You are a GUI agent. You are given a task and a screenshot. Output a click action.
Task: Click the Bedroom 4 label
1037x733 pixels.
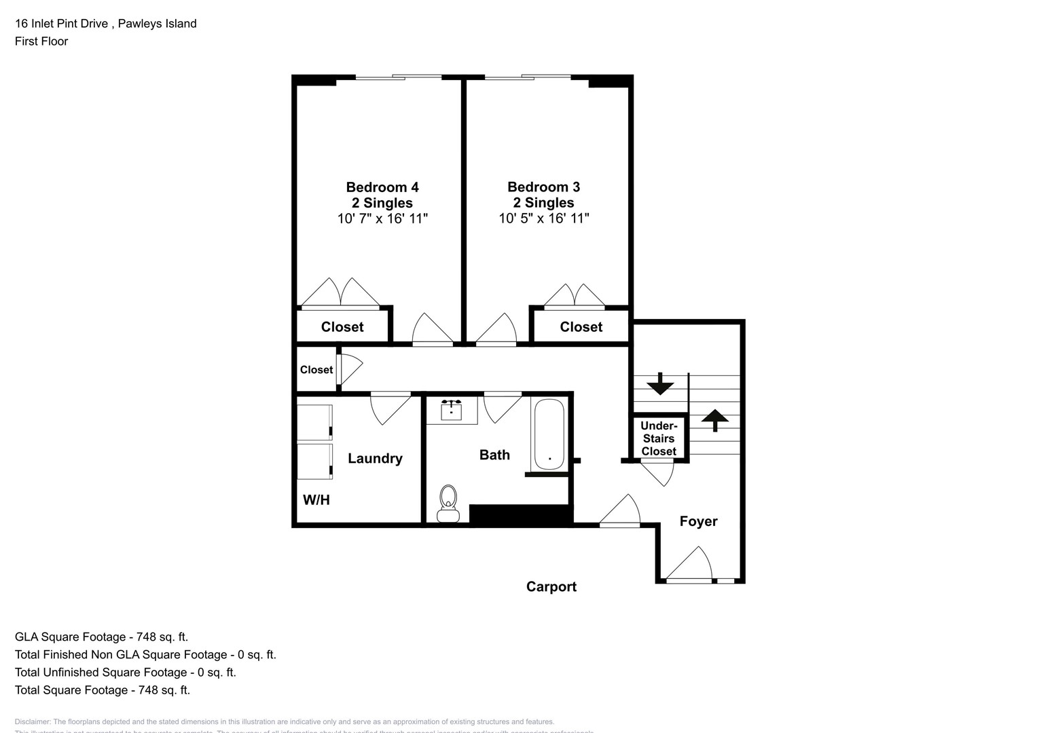tap(382, 187)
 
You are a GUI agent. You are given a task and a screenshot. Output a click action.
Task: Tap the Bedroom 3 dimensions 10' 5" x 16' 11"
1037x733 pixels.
tap(544, 219)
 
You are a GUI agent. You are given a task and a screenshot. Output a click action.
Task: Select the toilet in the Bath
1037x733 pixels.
tap(448, 503)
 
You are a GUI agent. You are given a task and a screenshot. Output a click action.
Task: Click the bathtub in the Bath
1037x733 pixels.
tap(549, 434)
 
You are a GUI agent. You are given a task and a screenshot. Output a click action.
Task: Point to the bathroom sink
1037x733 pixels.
tap(452, 410)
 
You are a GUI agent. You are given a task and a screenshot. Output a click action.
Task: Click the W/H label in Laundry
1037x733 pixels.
tap(316, 500)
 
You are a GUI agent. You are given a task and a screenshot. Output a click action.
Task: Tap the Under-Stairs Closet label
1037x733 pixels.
tap(659, 438)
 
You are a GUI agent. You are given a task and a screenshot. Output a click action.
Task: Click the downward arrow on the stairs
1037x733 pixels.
tap(660, 385)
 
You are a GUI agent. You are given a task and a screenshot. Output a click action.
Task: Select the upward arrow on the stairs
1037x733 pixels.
tap(714, 419)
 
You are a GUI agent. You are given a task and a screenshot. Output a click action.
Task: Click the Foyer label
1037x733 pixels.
tap(699, 521)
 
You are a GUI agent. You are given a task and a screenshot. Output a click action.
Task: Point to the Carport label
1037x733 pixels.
tap(551, 587)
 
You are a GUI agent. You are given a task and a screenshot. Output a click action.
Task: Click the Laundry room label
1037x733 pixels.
tap(375, 459)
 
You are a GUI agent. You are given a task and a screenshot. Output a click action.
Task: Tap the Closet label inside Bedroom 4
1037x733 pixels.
tap(342, 327)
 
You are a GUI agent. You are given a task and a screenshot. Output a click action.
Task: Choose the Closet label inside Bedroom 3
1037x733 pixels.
tap(581, 327)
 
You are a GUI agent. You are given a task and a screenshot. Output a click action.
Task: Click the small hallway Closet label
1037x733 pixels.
tap(316, 370)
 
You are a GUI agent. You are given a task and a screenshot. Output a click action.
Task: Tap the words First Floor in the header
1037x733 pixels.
tap(41, 41)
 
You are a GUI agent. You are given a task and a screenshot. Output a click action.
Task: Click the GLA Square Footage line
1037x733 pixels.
tap(102, 637)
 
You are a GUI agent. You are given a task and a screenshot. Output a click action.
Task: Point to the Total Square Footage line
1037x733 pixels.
tap(103, 690)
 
